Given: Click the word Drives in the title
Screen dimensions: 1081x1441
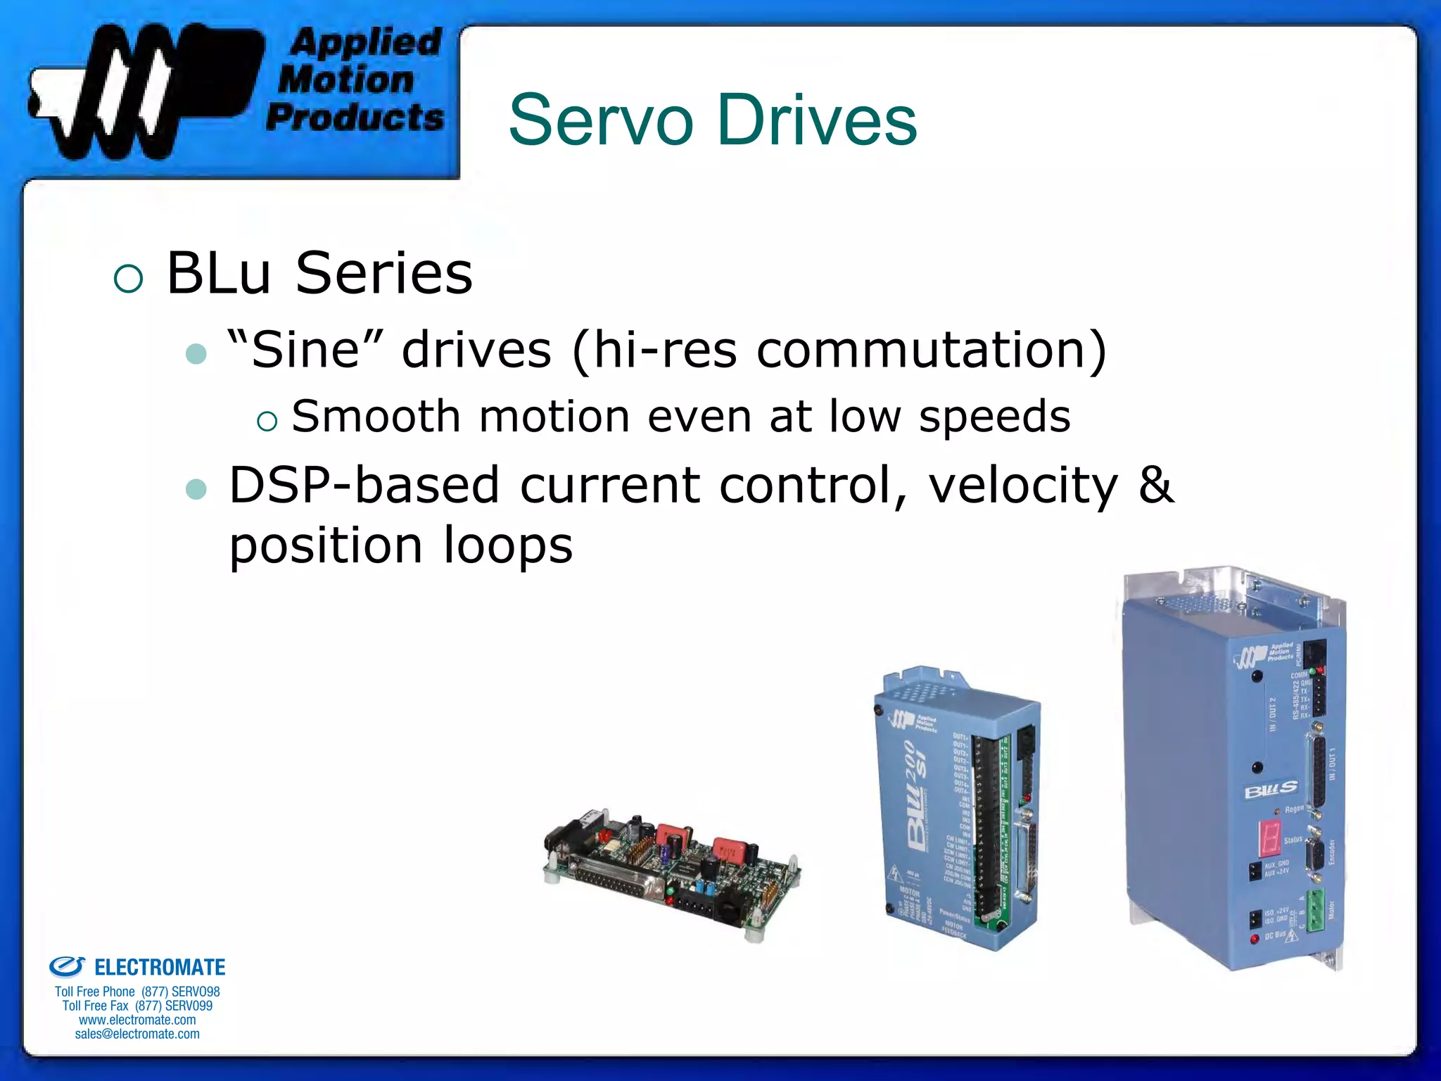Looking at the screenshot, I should [816, 121].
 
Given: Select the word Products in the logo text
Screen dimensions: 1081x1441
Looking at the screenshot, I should [355, 117].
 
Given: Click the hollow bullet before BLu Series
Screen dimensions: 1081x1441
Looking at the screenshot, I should [128, 278].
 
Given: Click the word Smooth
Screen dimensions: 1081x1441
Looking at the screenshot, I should [376, 416].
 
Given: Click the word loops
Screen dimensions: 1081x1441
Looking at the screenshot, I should [508, 545].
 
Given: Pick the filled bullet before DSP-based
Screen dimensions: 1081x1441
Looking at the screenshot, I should [196, 488].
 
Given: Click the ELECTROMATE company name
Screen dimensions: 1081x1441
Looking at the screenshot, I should [160, 968].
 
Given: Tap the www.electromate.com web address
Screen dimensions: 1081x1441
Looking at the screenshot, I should [137, 1020].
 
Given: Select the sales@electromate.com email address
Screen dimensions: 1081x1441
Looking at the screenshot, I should [137, 1034].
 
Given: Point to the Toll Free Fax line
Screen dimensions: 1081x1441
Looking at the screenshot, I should [137, 1006].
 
